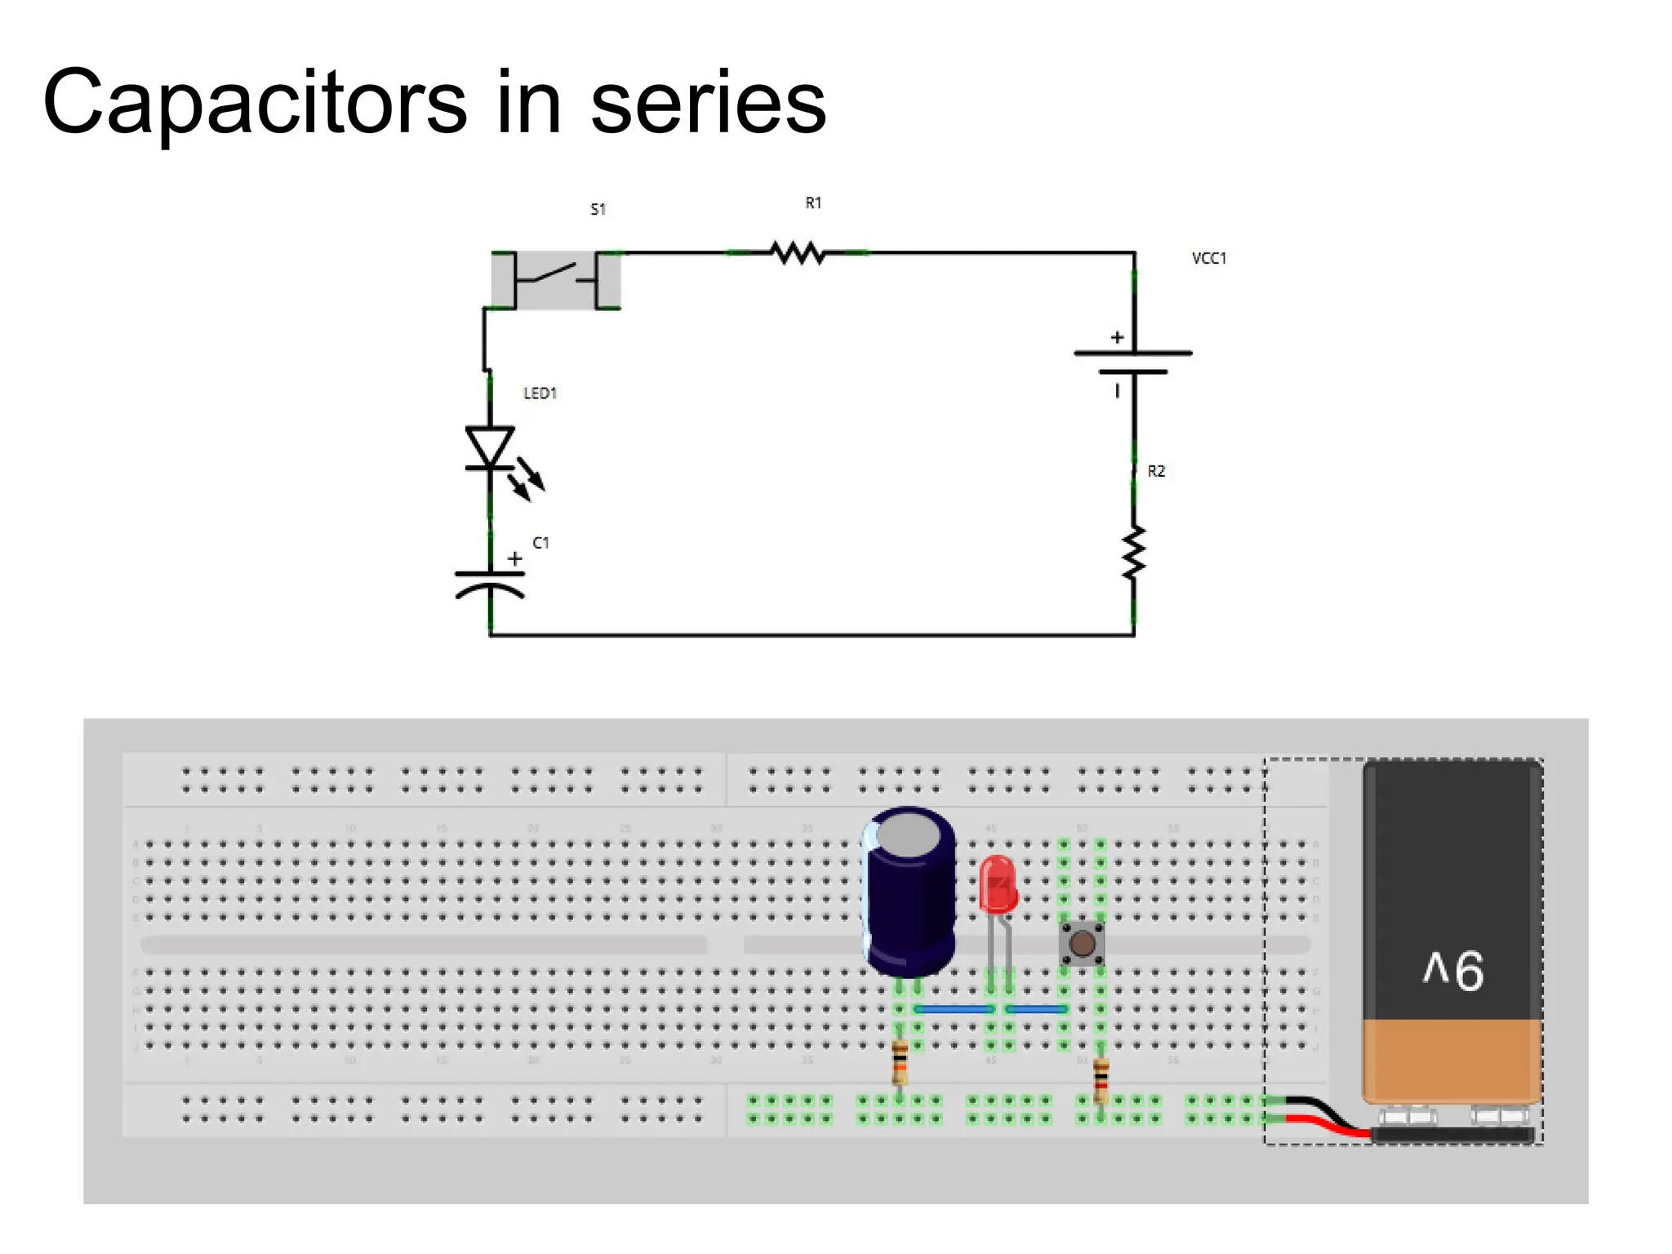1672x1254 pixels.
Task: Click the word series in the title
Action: coord(708,104)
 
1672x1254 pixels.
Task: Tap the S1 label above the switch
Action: coord(598,209)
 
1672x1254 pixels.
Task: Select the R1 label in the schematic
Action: coord(813,202)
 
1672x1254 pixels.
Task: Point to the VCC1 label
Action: coord(1208,258)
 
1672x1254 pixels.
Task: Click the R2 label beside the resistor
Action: coord(1156,471)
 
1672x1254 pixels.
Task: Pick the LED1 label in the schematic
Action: coord(540,393)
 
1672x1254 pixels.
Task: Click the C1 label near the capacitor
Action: coord(540,543)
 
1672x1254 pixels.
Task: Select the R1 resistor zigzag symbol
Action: coord(798,253)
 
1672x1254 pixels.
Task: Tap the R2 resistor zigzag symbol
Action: coord(1134,554)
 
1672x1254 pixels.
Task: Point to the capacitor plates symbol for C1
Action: coord(490,583)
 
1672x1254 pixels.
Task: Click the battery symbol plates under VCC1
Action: coord(1133,362)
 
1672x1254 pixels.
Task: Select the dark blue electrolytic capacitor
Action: coord(909,892)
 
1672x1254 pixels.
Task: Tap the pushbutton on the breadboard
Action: coord(1082,944)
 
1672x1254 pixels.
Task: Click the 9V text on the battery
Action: coord(1453,970)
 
